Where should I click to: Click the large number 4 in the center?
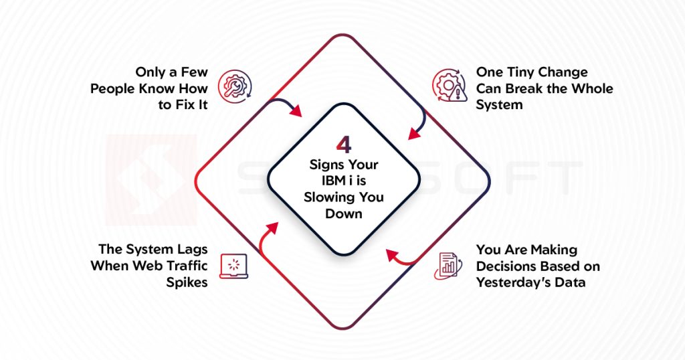pyautogui.click(x=344, y=145)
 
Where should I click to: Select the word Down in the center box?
pyautogui.click(x=344, y=213)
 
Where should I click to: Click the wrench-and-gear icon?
pyautogui.click(x=235, y=86)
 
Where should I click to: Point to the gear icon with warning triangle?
pyautogui.click(x=449, y=86)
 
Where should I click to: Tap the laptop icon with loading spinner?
pyautogui.click(x=233, y=266)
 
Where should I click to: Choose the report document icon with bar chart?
pyautogui.click(x=448, y=266)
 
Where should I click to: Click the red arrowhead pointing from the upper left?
pyautogui.click(x=296, y=111)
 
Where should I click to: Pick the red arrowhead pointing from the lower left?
pyautogui.click(x=273, y=228)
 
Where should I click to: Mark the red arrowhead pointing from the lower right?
pyautogui.click(x=392, y=255)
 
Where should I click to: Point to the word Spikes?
pyautogui.click(x=187, y=282)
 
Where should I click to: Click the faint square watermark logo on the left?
pyautogui.click(x=151, y=180)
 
